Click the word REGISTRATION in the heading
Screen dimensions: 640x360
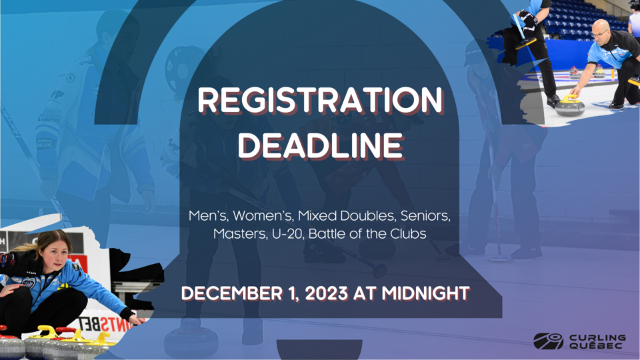coord(321,100)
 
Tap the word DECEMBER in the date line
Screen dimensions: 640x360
coord(232,293)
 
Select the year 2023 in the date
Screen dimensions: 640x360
coord(326,293)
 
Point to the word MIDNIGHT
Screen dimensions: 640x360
coord(426,293)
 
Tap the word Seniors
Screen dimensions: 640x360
coord(425,215)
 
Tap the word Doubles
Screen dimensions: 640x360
coord(368,215)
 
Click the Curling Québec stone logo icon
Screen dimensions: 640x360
coord(548,341)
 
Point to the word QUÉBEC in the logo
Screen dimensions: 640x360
coord(595,345)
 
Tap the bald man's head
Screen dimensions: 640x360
coord(600,31)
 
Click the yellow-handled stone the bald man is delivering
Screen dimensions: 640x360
coord(570,106)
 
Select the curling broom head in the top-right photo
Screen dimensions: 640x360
coord(526,43)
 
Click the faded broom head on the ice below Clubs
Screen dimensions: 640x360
coord(499,259)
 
